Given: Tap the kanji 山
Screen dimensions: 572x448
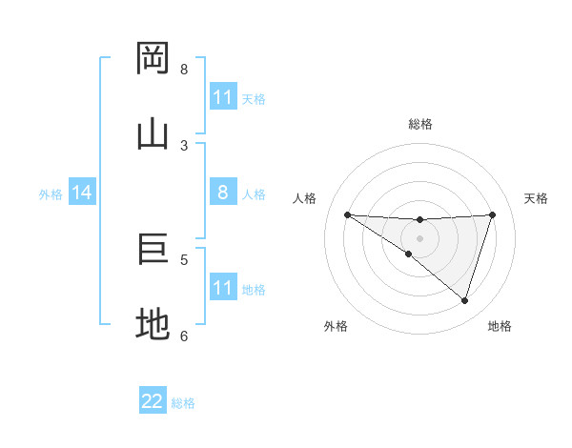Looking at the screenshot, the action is coord(153,133).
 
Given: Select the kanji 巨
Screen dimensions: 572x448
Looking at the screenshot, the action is coord(153,249).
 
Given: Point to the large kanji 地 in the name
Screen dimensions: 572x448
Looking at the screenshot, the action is coord(153,325).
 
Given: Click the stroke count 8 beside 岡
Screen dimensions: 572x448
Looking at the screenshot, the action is coord(184,69).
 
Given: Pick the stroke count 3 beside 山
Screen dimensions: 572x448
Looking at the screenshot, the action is coord(184,145).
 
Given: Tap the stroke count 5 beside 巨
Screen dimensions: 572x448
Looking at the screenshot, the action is coord(184,259).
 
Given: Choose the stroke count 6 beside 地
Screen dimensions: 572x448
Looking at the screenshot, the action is coord(184,336).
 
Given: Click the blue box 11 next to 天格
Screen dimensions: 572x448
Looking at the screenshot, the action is coord(223,97).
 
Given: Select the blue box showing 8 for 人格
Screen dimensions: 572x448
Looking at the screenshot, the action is coord(223,193).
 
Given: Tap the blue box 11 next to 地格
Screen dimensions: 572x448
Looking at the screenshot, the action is coord(223,288).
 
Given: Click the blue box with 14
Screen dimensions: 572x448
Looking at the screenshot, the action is coord(82,193).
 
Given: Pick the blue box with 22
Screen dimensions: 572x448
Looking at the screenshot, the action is coord(153,401).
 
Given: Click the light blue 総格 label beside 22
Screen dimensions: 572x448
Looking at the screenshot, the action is coord(183,403).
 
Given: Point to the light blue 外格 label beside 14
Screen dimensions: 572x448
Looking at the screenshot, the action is coord(51,193).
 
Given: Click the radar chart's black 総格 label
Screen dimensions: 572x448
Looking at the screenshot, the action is coord(419,124).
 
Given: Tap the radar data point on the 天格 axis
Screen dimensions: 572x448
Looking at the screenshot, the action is coord(492,214).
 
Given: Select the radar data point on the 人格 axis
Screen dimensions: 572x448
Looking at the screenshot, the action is coord(347,214).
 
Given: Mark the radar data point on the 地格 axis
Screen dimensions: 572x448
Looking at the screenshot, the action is coord(464,300).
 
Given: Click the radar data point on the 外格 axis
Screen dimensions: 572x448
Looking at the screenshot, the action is coord(408,254).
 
